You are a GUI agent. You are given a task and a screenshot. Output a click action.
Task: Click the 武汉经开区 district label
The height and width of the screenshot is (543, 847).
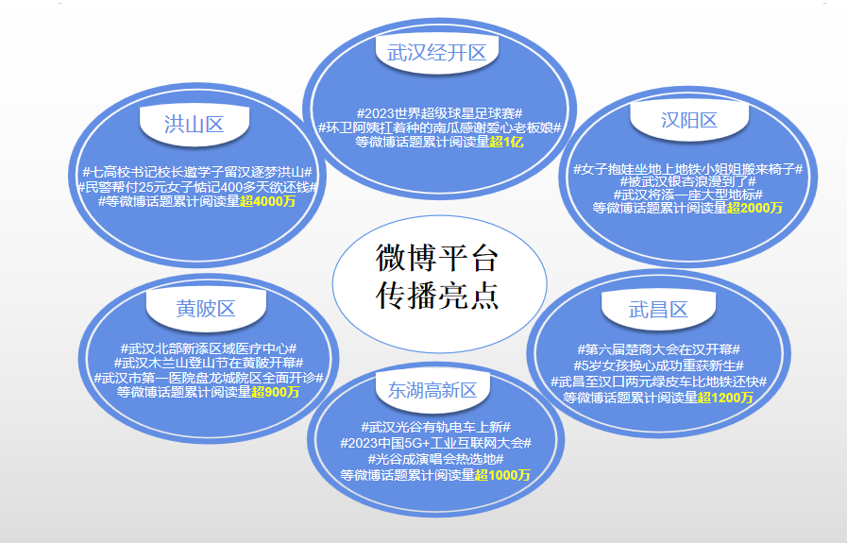tap(436, 53)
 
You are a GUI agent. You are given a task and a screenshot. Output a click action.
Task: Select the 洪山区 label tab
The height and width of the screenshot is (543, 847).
tap(194, 124)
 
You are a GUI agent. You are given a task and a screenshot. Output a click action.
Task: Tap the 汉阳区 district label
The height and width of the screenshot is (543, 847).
tap(688, 120)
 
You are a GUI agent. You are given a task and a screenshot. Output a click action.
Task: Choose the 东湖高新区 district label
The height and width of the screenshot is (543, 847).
tap(432, 390)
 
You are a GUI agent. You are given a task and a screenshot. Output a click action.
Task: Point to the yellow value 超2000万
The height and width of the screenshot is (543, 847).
tap(755, 208)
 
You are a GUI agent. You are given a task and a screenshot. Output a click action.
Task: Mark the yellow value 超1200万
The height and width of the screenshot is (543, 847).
tap(726, 398)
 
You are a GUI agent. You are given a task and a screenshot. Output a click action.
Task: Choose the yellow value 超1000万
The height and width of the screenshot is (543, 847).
tap(502, 475)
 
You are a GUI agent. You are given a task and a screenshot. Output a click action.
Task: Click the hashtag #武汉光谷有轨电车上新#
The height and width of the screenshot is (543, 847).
tap(435, 427)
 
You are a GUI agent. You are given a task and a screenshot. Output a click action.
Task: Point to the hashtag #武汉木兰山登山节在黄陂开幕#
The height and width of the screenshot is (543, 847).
tap(209, 363)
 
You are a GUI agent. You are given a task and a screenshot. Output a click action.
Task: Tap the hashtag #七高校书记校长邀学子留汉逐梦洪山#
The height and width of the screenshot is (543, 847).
tap(196, 172)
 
